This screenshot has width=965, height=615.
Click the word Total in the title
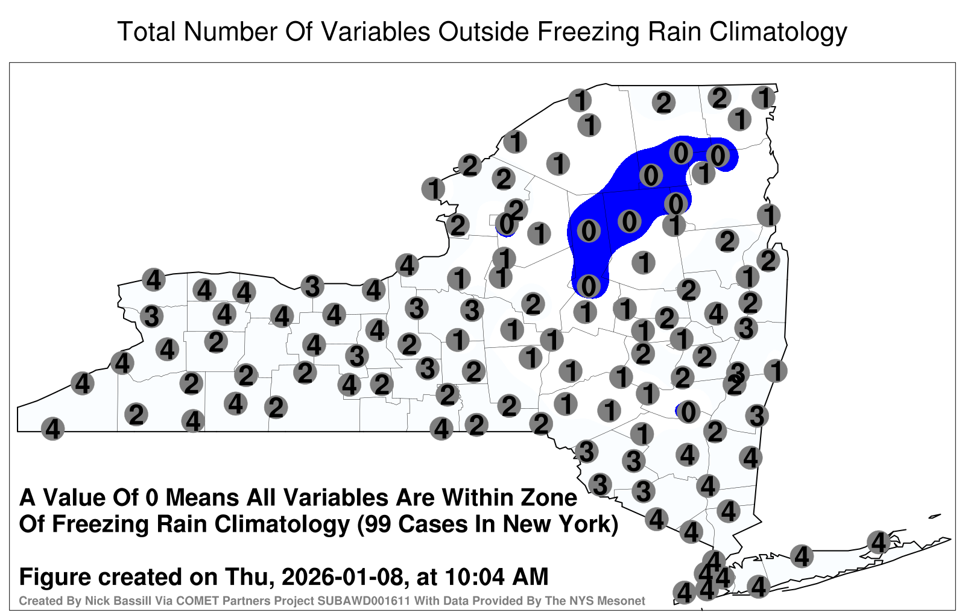[147, 31]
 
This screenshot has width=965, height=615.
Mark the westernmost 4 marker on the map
[52, 429]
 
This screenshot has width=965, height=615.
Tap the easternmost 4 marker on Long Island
[878, 542]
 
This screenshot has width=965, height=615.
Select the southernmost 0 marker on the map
[688, 412]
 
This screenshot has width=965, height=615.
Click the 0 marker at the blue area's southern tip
[589, 286]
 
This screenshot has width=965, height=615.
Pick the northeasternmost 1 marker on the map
[764, 98]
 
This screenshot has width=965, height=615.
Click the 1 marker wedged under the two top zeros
[703, 173]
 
